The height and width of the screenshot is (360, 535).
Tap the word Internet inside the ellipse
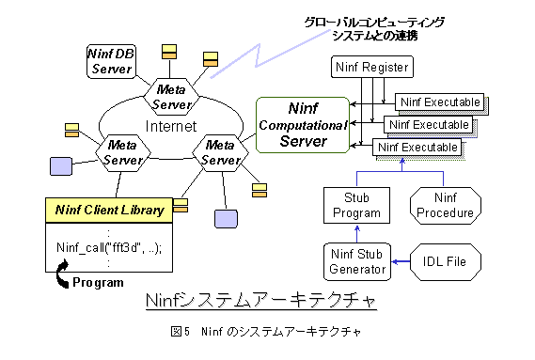click(169, 125)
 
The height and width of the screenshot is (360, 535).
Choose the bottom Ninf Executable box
click(417, 148)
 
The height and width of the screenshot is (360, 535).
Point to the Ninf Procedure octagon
click(444, 206)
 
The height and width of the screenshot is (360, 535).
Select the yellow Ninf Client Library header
click(109, 210)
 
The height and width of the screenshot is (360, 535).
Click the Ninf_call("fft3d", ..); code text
click(109, 248)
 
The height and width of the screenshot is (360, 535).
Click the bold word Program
click(98, 281)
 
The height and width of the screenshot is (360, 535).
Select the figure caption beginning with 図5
click(266, 332)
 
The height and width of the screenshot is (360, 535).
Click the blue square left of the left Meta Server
click(60, 167)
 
